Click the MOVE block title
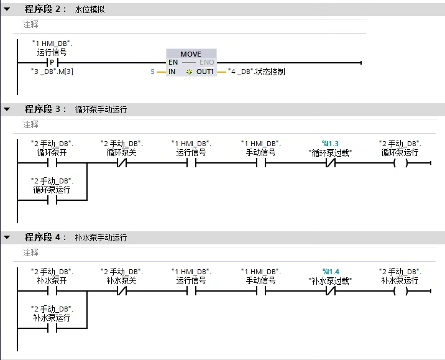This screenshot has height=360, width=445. [191, 54]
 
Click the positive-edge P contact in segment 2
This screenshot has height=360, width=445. [52, 63]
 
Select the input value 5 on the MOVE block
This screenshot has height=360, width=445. [152, 72]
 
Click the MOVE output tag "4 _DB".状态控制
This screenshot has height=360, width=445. [256, 72]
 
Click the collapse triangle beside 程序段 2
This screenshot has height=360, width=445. [7, 9]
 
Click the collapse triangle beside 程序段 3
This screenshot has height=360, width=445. [7, 109]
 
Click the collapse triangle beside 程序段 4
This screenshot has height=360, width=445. [7, 238]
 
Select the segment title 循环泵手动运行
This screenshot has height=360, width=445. [101, 109]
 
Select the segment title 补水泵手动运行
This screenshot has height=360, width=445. [101, 238]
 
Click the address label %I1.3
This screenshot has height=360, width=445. [329, 144]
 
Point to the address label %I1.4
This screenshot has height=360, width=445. [329, 272]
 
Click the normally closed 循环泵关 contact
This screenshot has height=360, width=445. [122, 164]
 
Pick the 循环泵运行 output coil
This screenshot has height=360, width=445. [400, 164]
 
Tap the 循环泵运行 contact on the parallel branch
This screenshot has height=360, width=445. [52, 200]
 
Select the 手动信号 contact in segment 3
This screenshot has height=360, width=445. [261, 164]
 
